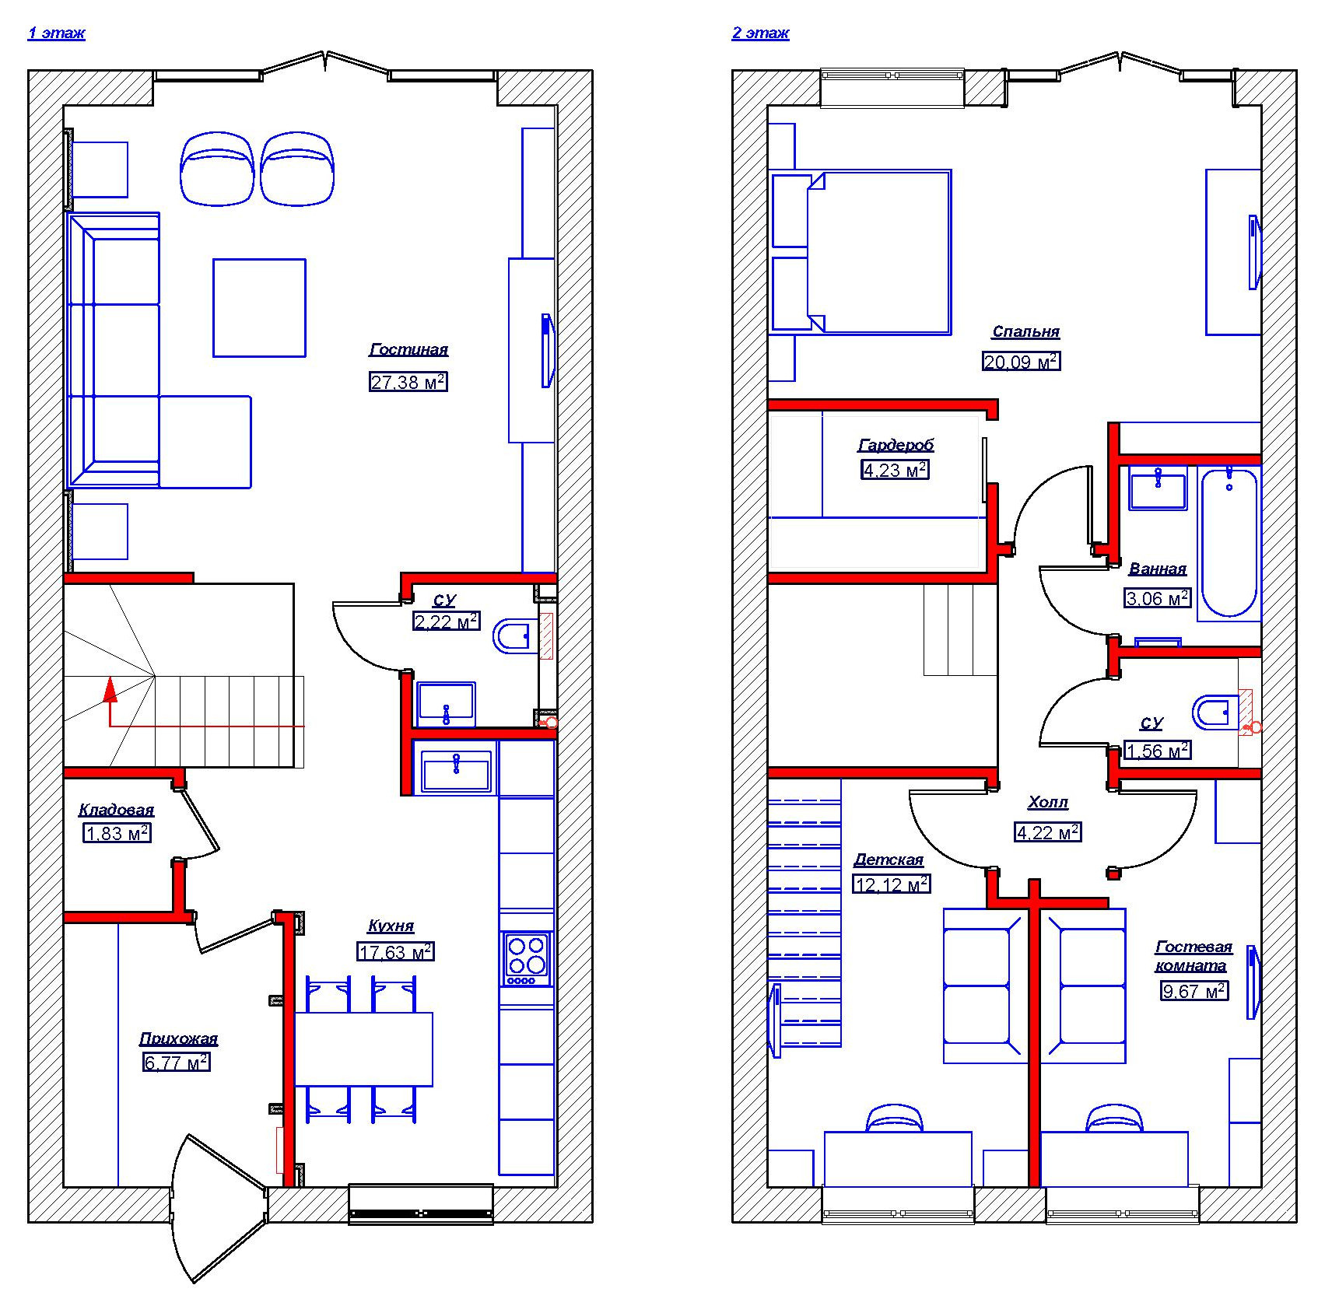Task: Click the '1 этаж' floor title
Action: point(56,33)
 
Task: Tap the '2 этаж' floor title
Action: point(760,33)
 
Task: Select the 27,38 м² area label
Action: point(408,381)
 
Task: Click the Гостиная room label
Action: point(408,349)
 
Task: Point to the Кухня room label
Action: point(391,926)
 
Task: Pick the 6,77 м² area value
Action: point(177,1062)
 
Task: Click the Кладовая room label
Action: point(116,810)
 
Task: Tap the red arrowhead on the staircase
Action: point(110,689)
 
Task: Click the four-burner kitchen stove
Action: point(526,958)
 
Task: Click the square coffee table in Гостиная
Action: point(259,308)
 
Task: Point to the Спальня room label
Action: point(1025,331)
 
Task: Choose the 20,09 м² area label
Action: point(1022,362)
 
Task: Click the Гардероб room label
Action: point(896,445)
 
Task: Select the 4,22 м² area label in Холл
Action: point(1048,832)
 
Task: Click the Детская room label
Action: point(889,860)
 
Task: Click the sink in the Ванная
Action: point(1158,488)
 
